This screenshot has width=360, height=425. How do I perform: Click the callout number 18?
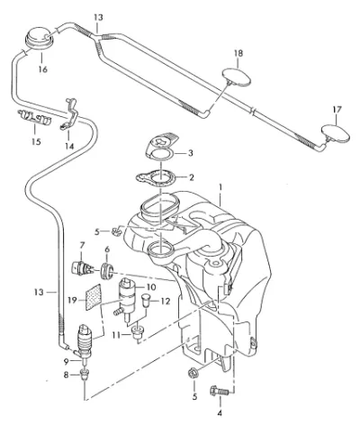[238, 54]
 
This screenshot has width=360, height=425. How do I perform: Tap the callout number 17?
[337, 110]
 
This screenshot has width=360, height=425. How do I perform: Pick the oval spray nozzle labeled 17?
[336, 133]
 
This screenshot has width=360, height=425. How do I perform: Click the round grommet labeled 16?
[39, 37]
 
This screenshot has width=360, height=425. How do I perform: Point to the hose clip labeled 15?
[35, 117]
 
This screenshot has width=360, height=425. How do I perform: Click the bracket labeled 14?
[70, 114]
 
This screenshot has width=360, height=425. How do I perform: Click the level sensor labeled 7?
[81, 267]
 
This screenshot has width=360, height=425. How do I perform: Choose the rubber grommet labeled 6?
[106, 271]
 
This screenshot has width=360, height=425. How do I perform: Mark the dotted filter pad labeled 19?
[93, 297]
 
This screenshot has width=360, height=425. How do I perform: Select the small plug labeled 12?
[147, 300]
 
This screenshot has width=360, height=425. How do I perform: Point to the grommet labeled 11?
[138, 334]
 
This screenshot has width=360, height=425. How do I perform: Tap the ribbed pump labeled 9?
[85, 340]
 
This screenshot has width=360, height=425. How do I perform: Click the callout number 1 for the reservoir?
[220, 187]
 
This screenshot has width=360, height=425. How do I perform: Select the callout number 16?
[43, 69]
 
